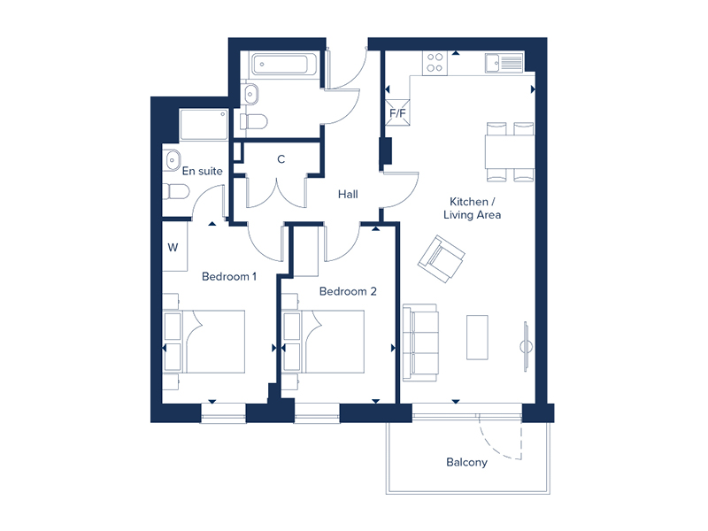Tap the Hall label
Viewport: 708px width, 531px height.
[x=347, y=194]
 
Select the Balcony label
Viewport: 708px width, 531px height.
[x=466, y=462]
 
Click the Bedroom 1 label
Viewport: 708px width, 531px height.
[x=229, y=276]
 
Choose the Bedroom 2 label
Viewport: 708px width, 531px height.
[x=349, y=291]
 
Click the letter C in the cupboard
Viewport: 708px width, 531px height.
[x=281, y=159]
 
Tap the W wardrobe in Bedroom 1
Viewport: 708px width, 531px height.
[x=173, y=247]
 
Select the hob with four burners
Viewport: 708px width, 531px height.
[x=435, y=62]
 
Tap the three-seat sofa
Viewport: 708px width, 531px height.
[x=420, y=342]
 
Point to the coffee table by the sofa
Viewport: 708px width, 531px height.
[x=478, y=337]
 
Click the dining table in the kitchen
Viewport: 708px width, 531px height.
[x=511, y=151]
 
